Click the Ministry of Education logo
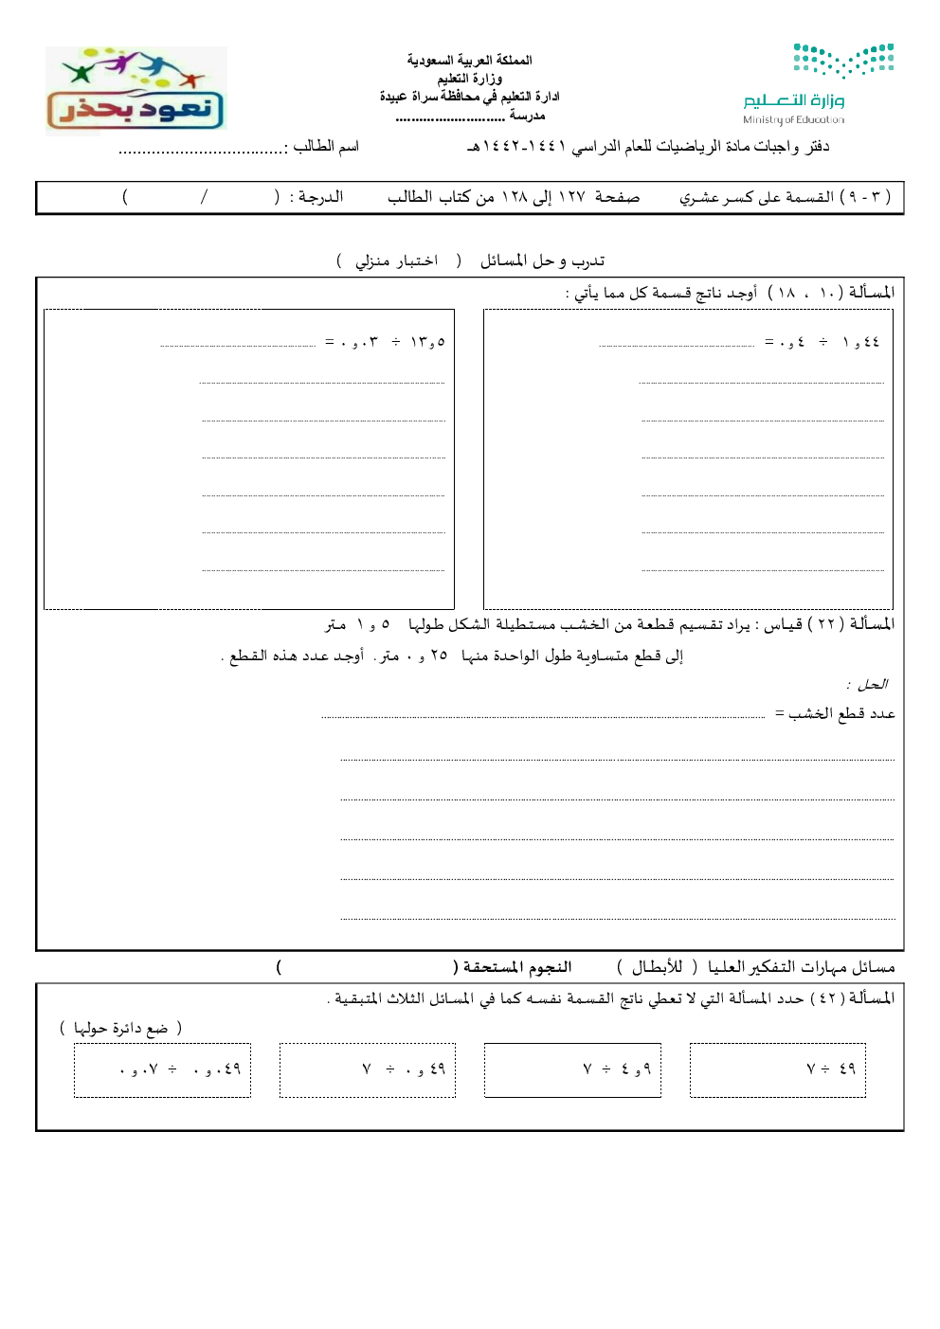tap(817, 83)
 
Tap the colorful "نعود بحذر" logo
tap(136, 90)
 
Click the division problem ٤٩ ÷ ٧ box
tap(778, 1070)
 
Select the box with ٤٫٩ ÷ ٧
tap(572, 1070)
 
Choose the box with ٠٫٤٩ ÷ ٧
tap(368, 1070)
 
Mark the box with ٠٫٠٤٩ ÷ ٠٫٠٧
tap(162, 1070)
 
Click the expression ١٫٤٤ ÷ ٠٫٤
tap(822, 342)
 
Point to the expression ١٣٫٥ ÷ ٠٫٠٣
tap(385, 342)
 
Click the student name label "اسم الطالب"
tap(326, 146)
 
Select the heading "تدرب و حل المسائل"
tap(542, 260)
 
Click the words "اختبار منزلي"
tap(397, 260)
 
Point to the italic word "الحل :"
tap(867, 684)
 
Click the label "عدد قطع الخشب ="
tap(835, 713)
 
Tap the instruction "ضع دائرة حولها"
tap(120, 1028)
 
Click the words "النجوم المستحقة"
tap(516, 967)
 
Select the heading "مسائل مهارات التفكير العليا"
tap(802, 967)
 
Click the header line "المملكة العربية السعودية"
tap(470, 60)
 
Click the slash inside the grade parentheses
tap(203, 197)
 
